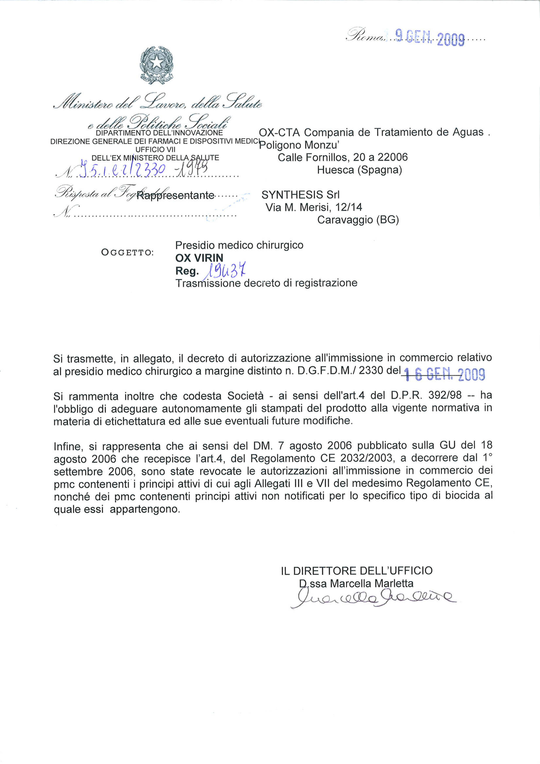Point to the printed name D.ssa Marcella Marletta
click(x=356, y=584)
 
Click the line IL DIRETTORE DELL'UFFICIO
click(x=357, y=571)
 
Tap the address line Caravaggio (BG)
click(x=358, y=220)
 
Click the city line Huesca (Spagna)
click(x=359, y=170)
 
